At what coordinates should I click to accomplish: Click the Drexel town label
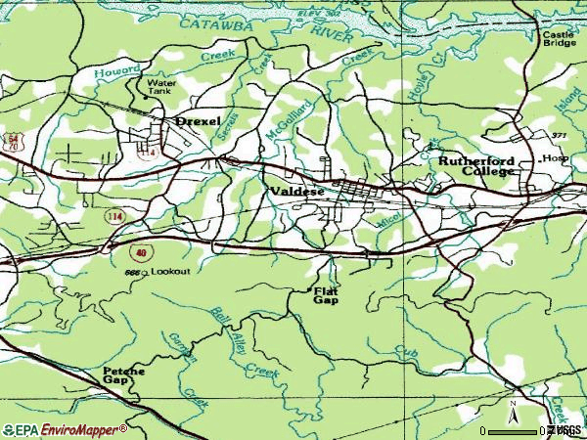point(198,121)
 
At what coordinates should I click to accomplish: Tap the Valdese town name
point(296,192)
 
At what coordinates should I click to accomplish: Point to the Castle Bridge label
point(559,39)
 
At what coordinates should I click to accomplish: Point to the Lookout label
point(170,270)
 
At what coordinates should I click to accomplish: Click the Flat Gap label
point(326,295)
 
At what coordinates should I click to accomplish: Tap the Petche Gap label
point(123,376)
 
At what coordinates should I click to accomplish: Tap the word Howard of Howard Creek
point(117,71)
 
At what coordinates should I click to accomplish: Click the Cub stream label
point(406,350)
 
